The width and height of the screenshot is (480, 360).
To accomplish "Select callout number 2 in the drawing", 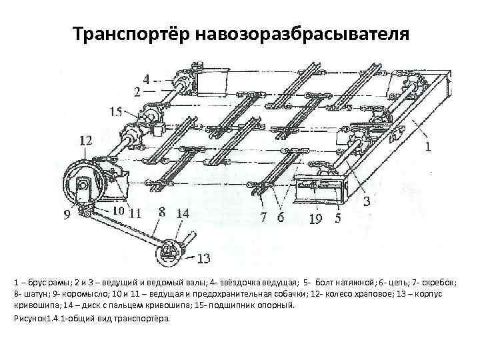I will coord(137,90).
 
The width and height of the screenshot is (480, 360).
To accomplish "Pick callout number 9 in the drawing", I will coord(67,215).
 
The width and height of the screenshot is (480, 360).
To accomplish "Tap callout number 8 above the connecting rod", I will coord(161,212).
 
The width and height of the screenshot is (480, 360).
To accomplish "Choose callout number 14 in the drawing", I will coord(183,213).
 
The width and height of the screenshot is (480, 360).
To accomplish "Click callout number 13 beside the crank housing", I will coord(204,258).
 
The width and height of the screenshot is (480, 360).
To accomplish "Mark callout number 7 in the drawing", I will coord(264,216).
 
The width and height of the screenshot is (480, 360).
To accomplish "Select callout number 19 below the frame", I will coord(316,217).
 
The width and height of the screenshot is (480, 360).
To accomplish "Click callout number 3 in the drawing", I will coord(366,201).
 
